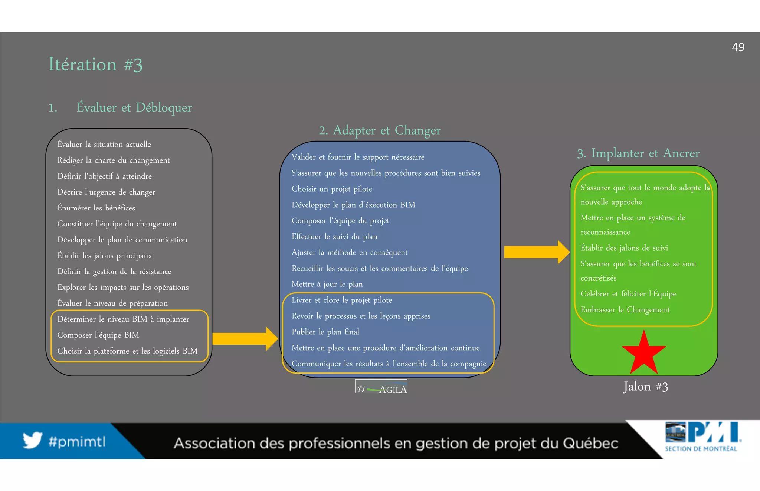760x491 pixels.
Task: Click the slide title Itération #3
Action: [95, 64]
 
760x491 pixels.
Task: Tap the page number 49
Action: [738, 47]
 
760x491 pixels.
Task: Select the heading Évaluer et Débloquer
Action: [134, 107]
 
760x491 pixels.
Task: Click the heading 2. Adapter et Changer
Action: [380, 130]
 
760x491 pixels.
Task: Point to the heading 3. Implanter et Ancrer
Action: [638, 153]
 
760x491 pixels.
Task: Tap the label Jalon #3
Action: [645, 387]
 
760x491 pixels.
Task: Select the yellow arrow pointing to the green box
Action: [536, 252]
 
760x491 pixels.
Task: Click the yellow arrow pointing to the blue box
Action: [245, 338]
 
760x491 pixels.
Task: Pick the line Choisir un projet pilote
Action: [331, 189]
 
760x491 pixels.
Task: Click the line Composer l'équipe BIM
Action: [98, 335]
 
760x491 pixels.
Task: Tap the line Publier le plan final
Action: [325, 332]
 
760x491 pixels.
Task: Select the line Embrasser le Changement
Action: [625, 310]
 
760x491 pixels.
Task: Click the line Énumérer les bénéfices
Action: [96, 208]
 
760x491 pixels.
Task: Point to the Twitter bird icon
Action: [32, 440]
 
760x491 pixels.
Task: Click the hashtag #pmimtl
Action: [77, 442]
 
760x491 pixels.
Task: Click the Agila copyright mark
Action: [381, 389]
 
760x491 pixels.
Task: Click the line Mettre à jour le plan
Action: [327, 284]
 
